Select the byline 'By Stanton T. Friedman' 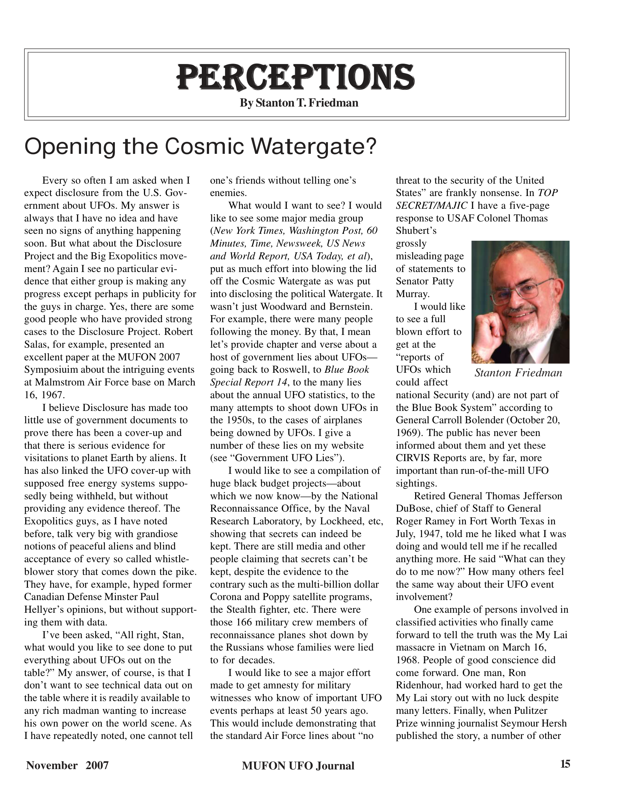tap(299, 103)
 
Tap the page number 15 tap(565, 764)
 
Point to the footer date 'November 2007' tap(67, 765)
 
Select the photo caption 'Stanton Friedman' tap(518, 373)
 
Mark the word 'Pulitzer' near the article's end tap(530, 711)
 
